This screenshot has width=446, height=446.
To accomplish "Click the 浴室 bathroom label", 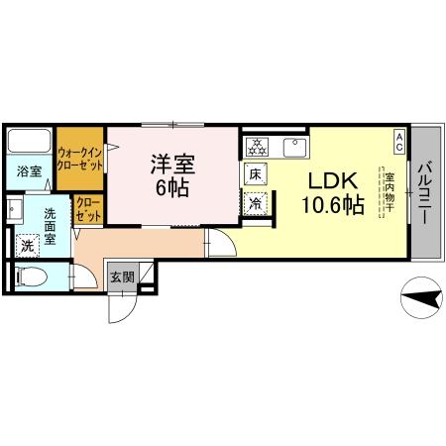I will click(29, 171).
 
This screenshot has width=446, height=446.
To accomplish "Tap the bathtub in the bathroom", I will click(29, 141).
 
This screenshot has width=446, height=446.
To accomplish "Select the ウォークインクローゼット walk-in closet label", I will click(80, 159).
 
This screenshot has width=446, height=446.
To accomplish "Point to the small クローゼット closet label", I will click(87, 209).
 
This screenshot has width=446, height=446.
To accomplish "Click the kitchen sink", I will click(293, 148).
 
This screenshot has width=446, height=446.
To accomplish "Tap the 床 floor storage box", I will click(255, 174).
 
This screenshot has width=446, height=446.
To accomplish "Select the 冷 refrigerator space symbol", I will click(255, 204).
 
